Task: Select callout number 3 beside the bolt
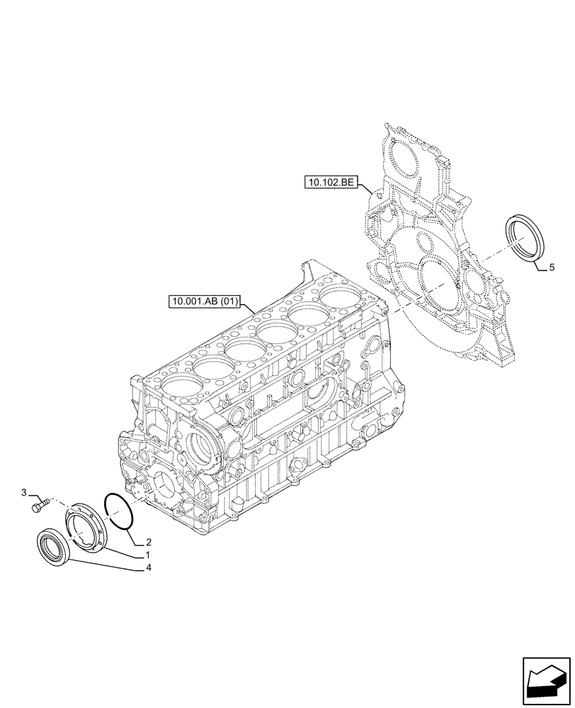(24, 492)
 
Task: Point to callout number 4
(148, 567)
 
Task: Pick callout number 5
(552, 268)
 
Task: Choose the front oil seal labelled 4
(52, 547)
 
